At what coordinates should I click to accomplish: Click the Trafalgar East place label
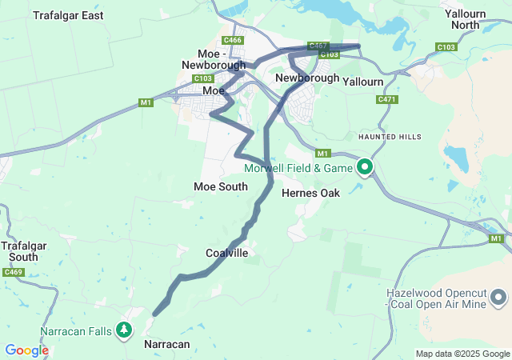click(68, 15)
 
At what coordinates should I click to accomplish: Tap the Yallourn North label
click(471, 19)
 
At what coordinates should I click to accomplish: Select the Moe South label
click(221, 186)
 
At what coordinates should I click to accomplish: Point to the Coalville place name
click(227, 254)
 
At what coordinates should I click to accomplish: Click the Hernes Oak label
click(311, 193)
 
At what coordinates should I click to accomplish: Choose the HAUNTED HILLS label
click(390, 137)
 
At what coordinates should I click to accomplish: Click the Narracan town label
click(166, 344)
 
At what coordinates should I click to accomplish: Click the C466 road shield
click(233, 40)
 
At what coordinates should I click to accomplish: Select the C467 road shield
click(318, 46)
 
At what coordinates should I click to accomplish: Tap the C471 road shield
click(386, 99)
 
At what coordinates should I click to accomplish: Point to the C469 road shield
click(13, 273)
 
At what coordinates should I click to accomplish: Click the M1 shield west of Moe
click(146, 102)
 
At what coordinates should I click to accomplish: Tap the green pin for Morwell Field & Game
click(365, 167)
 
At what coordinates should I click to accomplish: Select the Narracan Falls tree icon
click(123, 329)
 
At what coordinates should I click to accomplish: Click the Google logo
click(26, 350)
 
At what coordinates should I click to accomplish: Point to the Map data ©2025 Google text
click(462, 354)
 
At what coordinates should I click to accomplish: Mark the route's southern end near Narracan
click(154, 312)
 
